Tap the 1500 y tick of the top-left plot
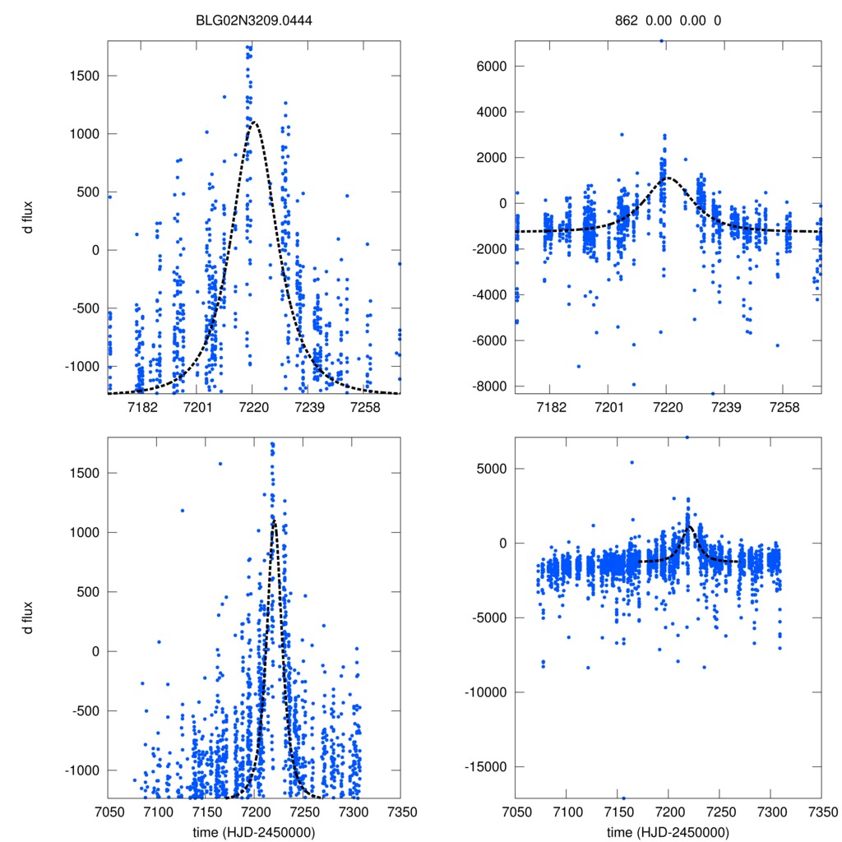(x=82, y=76)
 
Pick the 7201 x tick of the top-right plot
(x=608, y=409)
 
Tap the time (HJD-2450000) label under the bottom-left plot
(x=254, y=831)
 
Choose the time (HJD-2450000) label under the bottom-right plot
(x=668, y=831)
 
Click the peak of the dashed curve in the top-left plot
(x=253, y=122)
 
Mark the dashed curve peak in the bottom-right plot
(x=689, y=525)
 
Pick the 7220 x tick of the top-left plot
(x=252, y=409)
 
